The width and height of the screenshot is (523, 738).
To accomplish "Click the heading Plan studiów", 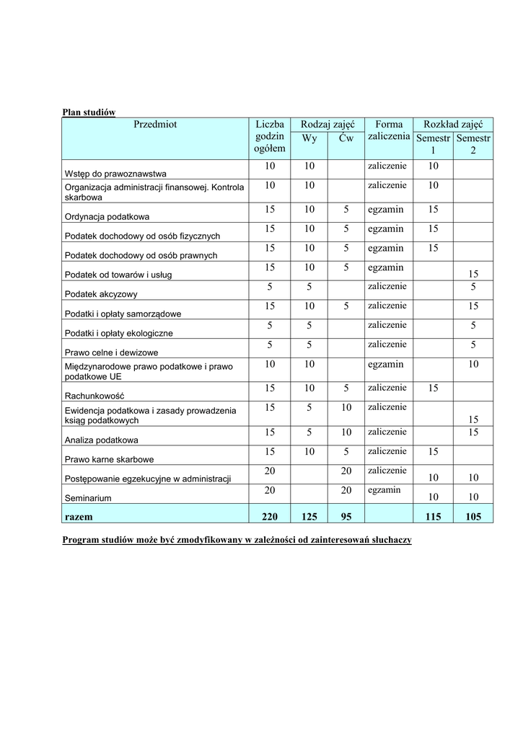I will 89,112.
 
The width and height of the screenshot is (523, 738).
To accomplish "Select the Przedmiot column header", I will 154,125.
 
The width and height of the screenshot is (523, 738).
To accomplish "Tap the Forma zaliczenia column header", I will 389,130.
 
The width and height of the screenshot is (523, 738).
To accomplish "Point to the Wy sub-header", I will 309,138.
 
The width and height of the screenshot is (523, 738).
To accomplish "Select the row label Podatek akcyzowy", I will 101,294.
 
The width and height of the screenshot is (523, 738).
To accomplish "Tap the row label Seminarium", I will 91,498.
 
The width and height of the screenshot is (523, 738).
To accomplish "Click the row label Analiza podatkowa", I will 102,440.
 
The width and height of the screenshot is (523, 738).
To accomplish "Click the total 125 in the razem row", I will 309,516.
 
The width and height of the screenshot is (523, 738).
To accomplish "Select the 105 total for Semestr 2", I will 473,516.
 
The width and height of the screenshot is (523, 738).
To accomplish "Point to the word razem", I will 79,517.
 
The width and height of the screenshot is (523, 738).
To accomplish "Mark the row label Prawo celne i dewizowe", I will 111,352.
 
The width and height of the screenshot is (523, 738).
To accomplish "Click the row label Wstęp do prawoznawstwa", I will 115,174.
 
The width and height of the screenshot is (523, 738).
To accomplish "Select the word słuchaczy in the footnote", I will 390,540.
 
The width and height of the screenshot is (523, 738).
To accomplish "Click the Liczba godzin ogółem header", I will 270,136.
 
